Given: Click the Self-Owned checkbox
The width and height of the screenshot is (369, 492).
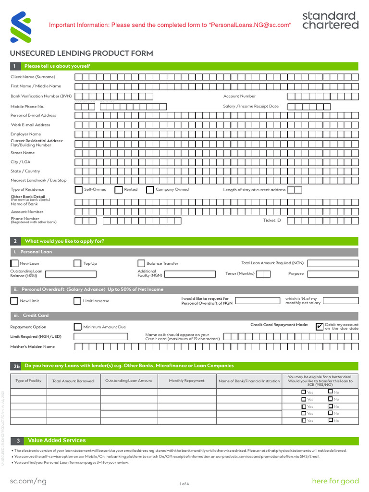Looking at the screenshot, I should pos(79,190).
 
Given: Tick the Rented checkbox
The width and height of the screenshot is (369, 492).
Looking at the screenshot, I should pos(119,190).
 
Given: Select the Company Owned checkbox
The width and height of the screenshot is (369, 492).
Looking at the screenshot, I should pos(150,190).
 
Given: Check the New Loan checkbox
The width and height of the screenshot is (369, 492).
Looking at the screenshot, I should pos(14,263).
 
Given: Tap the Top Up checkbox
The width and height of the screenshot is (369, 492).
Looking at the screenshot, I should pos(77,263).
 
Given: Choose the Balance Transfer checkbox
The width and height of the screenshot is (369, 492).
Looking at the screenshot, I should pos(141,263).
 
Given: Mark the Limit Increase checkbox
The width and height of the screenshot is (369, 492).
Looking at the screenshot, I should pos(77,301).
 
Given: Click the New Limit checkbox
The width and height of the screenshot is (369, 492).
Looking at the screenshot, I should pos(14,301).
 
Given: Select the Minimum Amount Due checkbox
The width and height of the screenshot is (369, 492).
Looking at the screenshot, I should pos(77,327).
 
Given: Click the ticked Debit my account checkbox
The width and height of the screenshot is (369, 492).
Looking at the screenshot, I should pos(320,327).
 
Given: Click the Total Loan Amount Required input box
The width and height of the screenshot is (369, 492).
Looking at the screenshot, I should pos(332,263).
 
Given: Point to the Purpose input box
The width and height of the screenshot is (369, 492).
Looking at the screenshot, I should pos(332,274).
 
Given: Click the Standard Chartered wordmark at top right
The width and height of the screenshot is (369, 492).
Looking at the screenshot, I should pos(330,20).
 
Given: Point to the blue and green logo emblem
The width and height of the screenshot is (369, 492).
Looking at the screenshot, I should pos(18,27).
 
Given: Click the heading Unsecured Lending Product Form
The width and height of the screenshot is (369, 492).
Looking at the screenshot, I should pos(82,53).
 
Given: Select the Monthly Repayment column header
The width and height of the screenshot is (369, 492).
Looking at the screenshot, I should pos(186,381).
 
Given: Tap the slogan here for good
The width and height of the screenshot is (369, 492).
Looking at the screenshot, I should pos(335,481).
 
